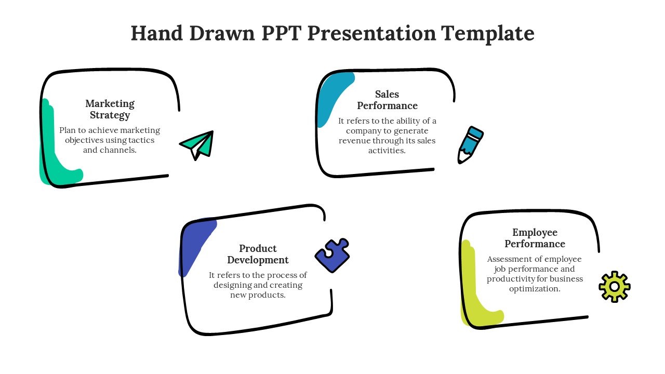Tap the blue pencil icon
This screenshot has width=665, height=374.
tap(471, 145)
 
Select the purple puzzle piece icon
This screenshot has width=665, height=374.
tap(332, 255)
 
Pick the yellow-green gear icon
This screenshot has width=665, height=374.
tap(615, 287)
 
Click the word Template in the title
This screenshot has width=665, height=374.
tap(487, 34)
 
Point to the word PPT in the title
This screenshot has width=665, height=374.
tap(281, 33)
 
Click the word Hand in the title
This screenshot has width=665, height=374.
tap(156, 33)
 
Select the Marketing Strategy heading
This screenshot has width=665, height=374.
tap(110, 109)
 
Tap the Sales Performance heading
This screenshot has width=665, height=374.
tap(387, 100)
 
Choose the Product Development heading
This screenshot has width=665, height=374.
tap(258, 254)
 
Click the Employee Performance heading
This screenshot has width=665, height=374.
tap(535, 238)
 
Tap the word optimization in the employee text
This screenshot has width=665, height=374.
tap(535, 289)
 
